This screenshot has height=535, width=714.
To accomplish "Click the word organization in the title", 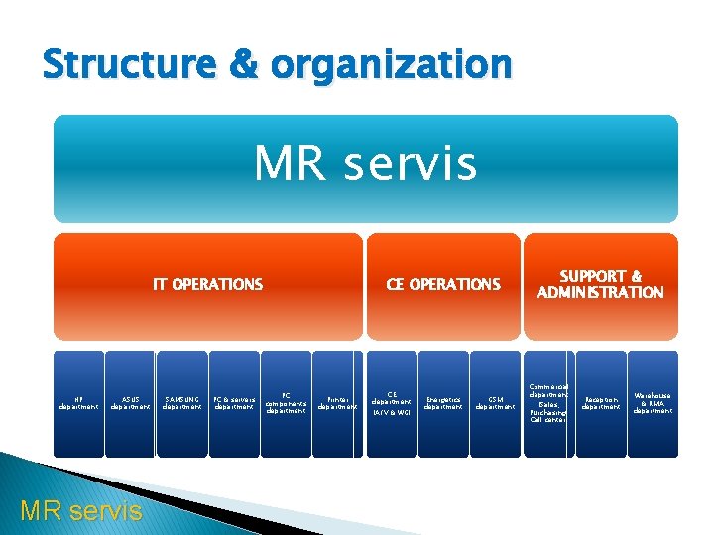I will pyautogui.click(x=389, y=65).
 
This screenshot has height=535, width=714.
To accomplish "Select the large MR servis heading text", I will pyautogui.click(x=365, y=164).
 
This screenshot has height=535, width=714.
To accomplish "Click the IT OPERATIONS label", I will pyautogui.click(x=207, y=285).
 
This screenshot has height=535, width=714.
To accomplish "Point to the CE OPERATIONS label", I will pyautogui.click(x=443, y=285).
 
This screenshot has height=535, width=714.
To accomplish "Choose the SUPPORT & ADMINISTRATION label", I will pyautogui.click(x=600, y=285).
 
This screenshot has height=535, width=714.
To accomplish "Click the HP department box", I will pyautogui.click(x=78, y=403).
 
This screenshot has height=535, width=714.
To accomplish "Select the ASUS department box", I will pyautogui.click(x=130, y=403).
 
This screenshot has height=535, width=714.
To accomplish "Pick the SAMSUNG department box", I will pyautogui.click(x=182, y=403).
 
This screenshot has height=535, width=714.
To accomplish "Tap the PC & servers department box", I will pyautogui.click(x=234, y=403).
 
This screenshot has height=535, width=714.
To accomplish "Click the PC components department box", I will pyautogui.click(x=286, y=403).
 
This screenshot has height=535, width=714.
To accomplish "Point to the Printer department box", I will pyautogui.click(x=338, y=403).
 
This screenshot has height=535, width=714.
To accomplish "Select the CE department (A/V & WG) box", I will pyautogui.click(x=392, y=403).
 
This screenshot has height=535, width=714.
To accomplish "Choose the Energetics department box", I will pyautogui.click(x=443, y=403).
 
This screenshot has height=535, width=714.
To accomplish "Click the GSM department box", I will pyautogui.click(x=495, y=403).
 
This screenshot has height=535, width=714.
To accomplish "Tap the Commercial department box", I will pyautogui.click(x=547, y=403).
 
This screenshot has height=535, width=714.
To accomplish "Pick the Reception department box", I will pyautogui.click(x=600, y=403).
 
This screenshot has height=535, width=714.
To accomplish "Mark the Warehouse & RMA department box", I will pyautogui.click(x=652, y=403).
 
